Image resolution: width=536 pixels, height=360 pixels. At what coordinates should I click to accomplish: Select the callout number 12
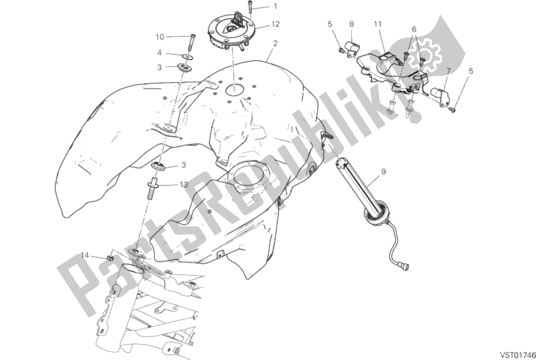(x=275, y=25)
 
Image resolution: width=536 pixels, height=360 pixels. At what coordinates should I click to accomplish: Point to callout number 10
(x=160, y=36)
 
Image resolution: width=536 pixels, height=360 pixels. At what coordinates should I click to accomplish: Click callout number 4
(x=160, y=52)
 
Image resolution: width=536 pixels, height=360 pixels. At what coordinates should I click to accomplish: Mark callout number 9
(x=383, y=173)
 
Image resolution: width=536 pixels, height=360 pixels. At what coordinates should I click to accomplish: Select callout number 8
(x=351, y=25)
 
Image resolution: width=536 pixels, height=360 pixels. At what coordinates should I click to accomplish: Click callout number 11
(x=378, y=25)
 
